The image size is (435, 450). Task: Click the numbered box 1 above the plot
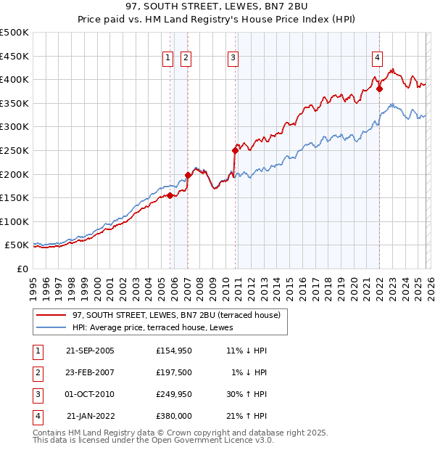168,59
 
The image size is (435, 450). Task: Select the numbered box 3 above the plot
233,59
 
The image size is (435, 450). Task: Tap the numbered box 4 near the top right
378,59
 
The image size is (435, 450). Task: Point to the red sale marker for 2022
379,89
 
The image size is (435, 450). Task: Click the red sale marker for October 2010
235,151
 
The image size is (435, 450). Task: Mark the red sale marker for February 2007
188,175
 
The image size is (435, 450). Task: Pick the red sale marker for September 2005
170,195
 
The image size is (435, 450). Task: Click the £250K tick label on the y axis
14,150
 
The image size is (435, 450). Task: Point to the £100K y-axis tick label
14,221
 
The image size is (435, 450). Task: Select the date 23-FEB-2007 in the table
90,372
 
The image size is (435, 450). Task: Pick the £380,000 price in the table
174,416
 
